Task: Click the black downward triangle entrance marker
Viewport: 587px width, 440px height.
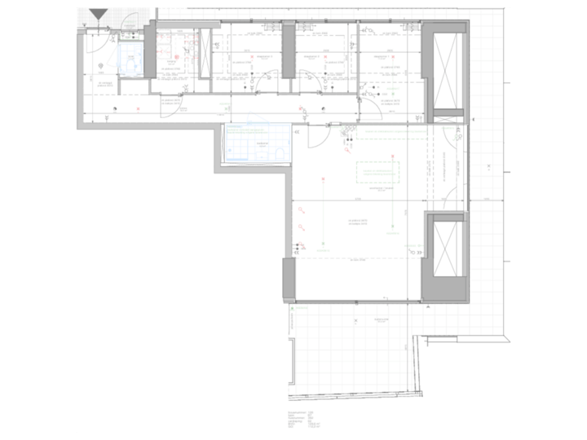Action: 99,15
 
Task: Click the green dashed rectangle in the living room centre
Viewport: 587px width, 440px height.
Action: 377,173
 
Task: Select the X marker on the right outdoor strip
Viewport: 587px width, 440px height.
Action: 488,166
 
